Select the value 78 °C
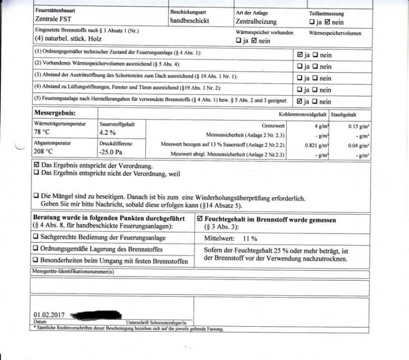[43, 131]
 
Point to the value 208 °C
[44, 151]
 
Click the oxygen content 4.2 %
[108, 132]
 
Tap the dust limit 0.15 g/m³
[359, 126]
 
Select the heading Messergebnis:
[55, 112]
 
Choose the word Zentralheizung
[256, 21]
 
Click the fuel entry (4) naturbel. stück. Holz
[68, 39]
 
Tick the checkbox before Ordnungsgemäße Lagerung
[36, 250]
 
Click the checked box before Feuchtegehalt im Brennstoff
[200, 218]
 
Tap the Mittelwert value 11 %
[250, 238]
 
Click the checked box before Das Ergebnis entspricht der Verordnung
[36, 166]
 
